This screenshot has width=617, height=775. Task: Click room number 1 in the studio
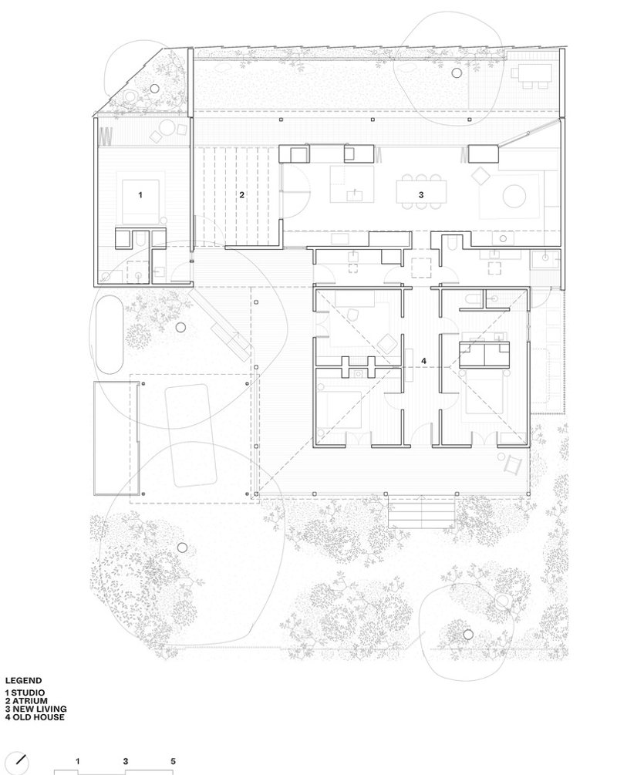(140, 195)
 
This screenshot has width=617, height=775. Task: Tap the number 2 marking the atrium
(241, 195)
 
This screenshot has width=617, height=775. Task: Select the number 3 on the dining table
(421, 195)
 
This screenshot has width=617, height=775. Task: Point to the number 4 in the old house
(423, 362)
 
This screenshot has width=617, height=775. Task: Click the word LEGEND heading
(23, 681)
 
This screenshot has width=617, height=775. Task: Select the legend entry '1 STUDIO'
(25, 693)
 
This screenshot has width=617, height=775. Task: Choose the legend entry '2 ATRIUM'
(27, 701)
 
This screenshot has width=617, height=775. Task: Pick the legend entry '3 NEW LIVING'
(35, 709)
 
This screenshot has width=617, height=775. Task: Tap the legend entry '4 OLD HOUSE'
(35, 716)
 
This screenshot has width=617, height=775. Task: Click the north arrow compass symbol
(19, 763)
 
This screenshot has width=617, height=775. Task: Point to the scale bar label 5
(173, 761)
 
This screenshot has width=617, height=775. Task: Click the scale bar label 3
(126, 761)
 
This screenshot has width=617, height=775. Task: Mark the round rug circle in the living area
(514, 196)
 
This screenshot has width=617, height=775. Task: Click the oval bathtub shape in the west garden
(110, 335)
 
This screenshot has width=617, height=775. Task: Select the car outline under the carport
(190, 436)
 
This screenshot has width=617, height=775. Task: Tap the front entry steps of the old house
(421, 512)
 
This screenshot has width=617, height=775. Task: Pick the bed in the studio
(141, 197)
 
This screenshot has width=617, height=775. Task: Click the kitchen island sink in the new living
(355, 195)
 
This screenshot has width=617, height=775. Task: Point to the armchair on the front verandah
(513, 465)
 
